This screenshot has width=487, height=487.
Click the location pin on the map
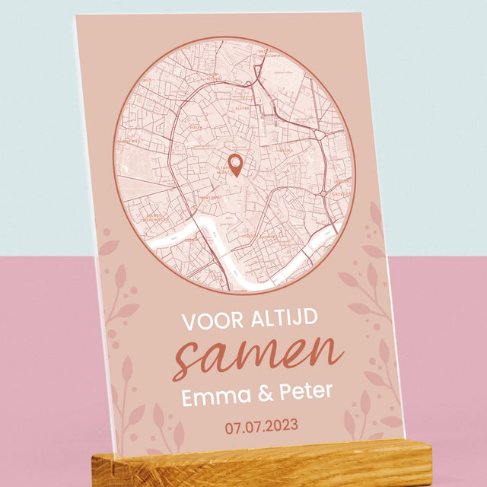pos(235,164)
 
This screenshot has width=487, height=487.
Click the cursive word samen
pos(255,355)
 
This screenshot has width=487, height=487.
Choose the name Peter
pos(304,391)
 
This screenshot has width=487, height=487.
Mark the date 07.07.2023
pos(261,425)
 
